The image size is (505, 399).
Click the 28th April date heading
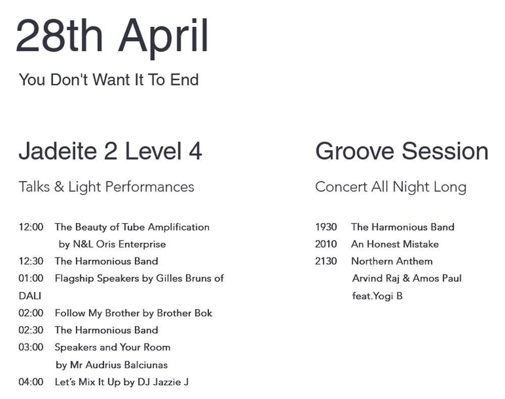point(112,36)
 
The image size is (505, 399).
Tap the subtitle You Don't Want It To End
point(109,80)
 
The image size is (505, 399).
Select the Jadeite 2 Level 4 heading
point(110,151)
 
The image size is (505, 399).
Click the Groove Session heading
point(401,151)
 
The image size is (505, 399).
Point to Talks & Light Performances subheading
point(106,187)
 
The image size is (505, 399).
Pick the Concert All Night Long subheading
point(391,187)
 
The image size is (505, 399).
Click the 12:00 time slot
point(31,227)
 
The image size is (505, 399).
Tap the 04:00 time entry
point(31,382)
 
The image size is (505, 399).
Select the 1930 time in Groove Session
point(326,227)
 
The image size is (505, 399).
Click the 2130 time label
point(326,261)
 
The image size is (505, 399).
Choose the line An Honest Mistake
point(395,244)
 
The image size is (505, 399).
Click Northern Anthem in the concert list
point(392,261)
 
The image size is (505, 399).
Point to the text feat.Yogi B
point(377,296)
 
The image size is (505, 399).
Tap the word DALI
point(30,296)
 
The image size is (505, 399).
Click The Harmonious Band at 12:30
point(106,261)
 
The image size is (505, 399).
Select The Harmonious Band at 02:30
point(106,330)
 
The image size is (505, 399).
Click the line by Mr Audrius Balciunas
point(112,365)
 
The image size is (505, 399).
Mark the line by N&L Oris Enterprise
point(112,244)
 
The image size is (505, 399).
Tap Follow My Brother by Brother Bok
point(134,313)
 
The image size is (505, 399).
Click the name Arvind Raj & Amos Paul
point(407,278)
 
